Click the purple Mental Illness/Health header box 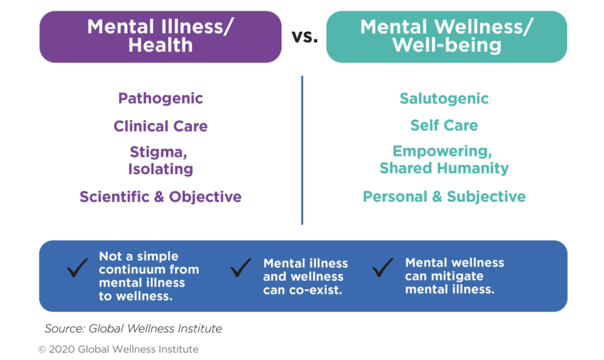[160, 36]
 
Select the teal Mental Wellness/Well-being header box [446, 36]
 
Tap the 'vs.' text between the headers [304, 37]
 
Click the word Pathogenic [160, 98]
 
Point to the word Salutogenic [444, 98]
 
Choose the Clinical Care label [160, 126]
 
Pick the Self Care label [444, 125]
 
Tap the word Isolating [160, 169]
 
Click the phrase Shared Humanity [444, 168]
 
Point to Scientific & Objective [160, 197]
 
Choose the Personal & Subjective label [444, 196]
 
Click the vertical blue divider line [302, 150]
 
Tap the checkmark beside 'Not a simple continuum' [77, 269]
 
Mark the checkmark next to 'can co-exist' [241, 269]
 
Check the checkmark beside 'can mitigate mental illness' [383, 269]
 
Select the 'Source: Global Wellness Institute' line [133, 328]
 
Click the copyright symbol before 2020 [42, 349]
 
